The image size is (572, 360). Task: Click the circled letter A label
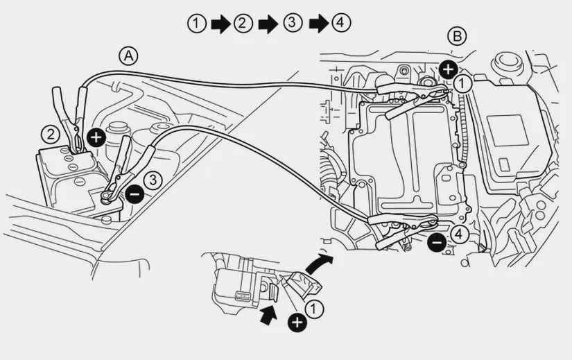(x=128, y=56)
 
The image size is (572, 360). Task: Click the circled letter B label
(x=457, y=36)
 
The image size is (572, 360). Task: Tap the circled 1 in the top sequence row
(x=197, y=24)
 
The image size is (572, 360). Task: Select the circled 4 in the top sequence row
(x=340, y=23)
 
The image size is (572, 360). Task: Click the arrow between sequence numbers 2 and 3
(x=268, y=24)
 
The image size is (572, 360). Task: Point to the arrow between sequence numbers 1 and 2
(x=220, y=24)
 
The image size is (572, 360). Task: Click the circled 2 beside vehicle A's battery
(x=51, y=135)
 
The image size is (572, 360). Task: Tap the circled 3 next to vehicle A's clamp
(x=153, y=180)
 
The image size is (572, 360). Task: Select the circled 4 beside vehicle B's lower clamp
(x=459, y=234)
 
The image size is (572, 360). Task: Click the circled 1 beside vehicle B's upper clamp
(x=462, y=84)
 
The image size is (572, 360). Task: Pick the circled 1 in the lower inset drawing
(x=313, y=309)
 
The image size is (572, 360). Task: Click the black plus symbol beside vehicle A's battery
(x=96, y=137)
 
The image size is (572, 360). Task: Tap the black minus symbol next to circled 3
(x=135, y=194)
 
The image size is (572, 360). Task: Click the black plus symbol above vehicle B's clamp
(x=449, y=69)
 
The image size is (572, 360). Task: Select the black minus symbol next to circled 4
(x=437, y=242)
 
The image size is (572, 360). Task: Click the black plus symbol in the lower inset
(x=297, y=323)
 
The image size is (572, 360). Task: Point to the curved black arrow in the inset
(x=318, y=263)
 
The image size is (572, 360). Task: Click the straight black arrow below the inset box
(x=268, y=316)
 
